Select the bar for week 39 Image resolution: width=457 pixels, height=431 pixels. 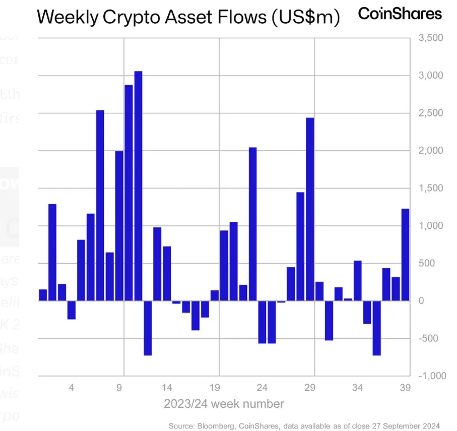point(405,255)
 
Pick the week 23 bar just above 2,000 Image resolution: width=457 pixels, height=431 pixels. point(252,224)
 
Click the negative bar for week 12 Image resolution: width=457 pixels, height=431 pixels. point(148,328)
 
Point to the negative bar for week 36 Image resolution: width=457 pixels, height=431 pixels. point(376,328)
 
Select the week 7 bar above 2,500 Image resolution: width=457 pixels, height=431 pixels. point(100,205)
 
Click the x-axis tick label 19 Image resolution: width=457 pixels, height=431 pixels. point(215,388)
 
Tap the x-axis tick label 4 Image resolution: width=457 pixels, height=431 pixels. point(72,388)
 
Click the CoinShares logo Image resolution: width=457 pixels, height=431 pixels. point(400,14)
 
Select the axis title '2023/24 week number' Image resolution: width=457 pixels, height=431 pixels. point(224,404)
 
